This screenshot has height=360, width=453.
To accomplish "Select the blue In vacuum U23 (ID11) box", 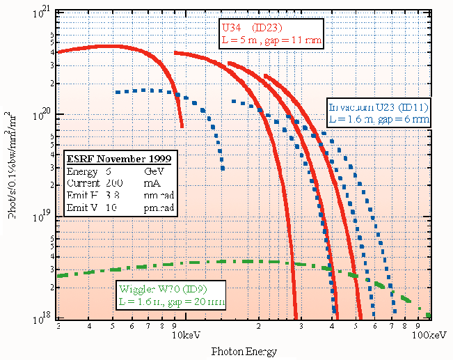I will pos(379,113).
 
